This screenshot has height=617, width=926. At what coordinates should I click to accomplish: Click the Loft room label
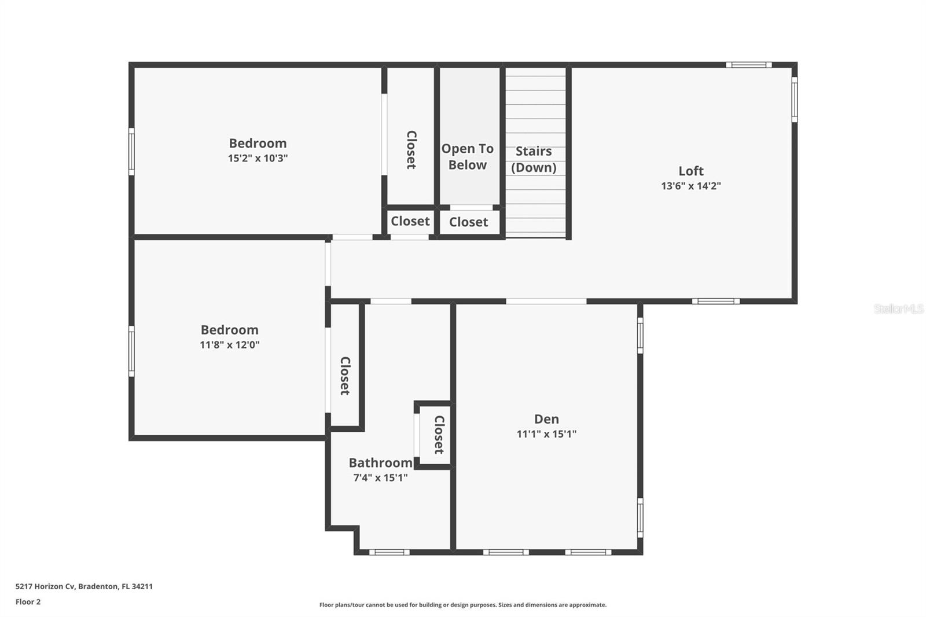(x=691, y=171)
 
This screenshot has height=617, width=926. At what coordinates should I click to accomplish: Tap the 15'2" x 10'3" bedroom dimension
(x=258, y=158)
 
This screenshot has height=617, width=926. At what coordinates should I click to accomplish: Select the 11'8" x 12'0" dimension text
(x=229, y=345)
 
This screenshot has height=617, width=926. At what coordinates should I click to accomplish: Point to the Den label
(x=546, y=419)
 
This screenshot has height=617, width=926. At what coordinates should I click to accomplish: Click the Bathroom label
(x=380, y=463)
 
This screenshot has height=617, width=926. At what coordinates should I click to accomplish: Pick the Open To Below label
(x=468, y=157)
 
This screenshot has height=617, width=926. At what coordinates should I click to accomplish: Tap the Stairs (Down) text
(x=534, y=159)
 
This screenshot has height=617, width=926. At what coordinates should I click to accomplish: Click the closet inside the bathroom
(x=438, y=434)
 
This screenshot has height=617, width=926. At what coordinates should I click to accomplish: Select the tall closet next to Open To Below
(x=411, y=149)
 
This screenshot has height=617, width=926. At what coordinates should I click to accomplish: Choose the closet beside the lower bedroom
(x=345, y=375)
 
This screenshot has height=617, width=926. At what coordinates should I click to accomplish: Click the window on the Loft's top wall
(x=748, y=65)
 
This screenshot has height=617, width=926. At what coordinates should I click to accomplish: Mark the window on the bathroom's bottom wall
(x=389, y=552)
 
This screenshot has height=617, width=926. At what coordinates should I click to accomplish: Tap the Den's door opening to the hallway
(x=546, y=301)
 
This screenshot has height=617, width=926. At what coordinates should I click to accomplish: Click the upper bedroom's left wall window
(x=131, y=152)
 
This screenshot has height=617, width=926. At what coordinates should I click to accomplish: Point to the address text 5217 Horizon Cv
(x=84, y=586)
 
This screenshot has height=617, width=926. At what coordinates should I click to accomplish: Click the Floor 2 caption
(x=28, y=602)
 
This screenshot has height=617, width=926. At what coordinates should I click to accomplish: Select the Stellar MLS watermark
(x=898, y=309)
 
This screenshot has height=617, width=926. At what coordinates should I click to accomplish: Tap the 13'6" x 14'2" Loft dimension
(x=691, y=186)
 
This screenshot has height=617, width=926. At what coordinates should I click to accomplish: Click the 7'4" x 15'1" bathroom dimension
(x=380, y=478)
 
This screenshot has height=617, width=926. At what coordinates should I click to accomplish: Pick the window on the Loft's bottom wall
(x=716, y=301)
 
